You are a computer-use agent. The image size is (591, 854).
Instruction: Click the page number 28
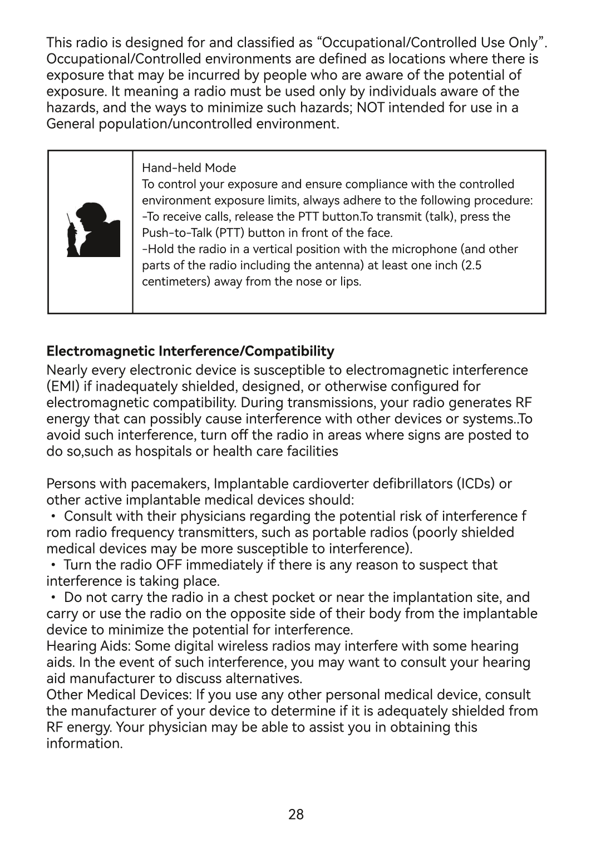pyautogui.click(x=296, y=814)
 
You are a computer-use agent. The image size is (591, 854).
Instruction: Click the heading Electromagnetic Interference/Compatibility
pyautogui.click(x=190, y=352)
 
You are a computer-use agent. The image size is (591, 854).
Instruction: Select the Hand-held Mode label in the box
pyautogui.click(x=189, y=168)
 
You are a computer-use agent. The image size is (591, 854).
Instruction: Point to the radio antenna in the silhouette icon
pyautogui.click(x=68, y=219)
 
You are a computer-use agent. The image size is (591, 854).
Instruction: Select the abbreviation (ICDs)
pyautogui.click(x=477, y=483)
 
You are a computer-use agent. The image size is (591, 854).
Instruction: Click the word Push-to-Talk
pyautogui.click(x=176, y=233)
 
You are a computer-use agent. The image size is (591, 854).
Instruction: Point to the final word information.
pyautogui.click(x=84, y=744)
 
